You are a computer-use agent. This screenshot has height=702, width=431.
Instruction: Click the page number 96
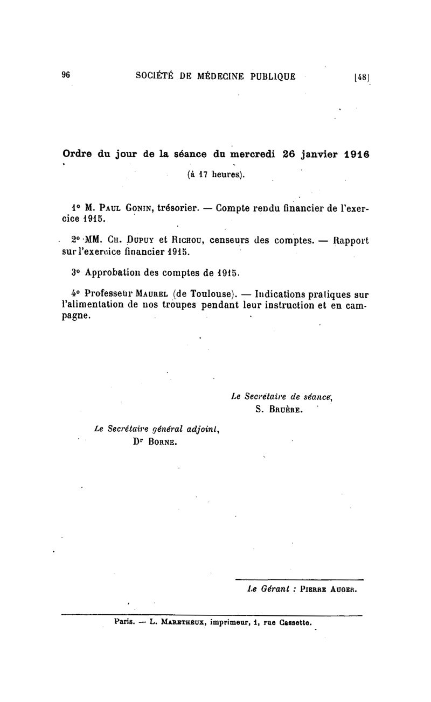click(66, 75)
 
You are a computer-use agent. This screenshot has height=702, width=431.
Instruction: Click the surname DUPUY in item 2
click(141, 241)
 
